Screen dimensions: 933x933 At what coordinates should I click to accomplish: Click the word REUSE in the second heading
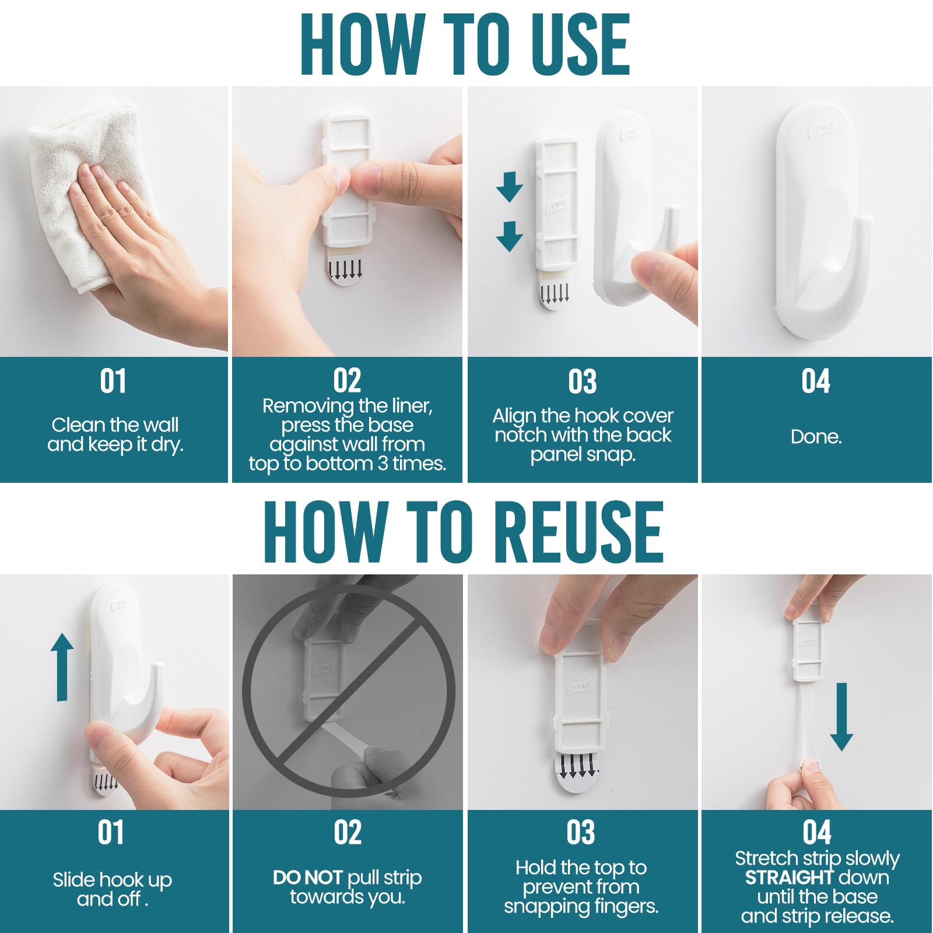tap(583, 532)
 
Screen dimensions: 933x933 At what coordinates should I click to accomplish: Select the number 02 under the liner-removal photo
tap(347, 381)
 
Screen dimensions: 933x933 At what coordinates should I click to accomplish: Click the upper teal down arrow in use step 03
tap(509, 187)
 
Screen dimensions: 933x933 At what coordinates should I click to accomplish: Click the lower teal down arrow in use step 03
tap(509, 236)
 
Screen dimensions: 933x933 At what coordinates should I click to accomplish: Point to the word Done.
tap(816, 437)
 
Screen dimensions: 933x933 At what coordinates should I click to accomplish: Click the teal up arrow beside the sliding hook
tap(62, 667)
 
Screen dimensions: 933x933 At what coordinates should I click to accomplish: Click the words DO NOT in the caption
tap(307, 878)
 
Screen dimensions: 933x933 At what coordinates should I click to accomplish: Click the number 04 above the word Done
tap(815, 381)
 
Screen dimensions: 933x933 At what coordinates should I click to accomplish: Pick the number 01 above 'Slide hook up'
tap(111, 833)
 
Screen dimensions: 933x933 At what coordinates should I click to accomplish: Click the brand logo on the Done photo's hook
tap(821, 129)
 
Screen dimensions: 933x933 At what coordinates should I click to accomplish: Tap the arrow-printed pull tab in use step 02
tap(346, 271)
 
